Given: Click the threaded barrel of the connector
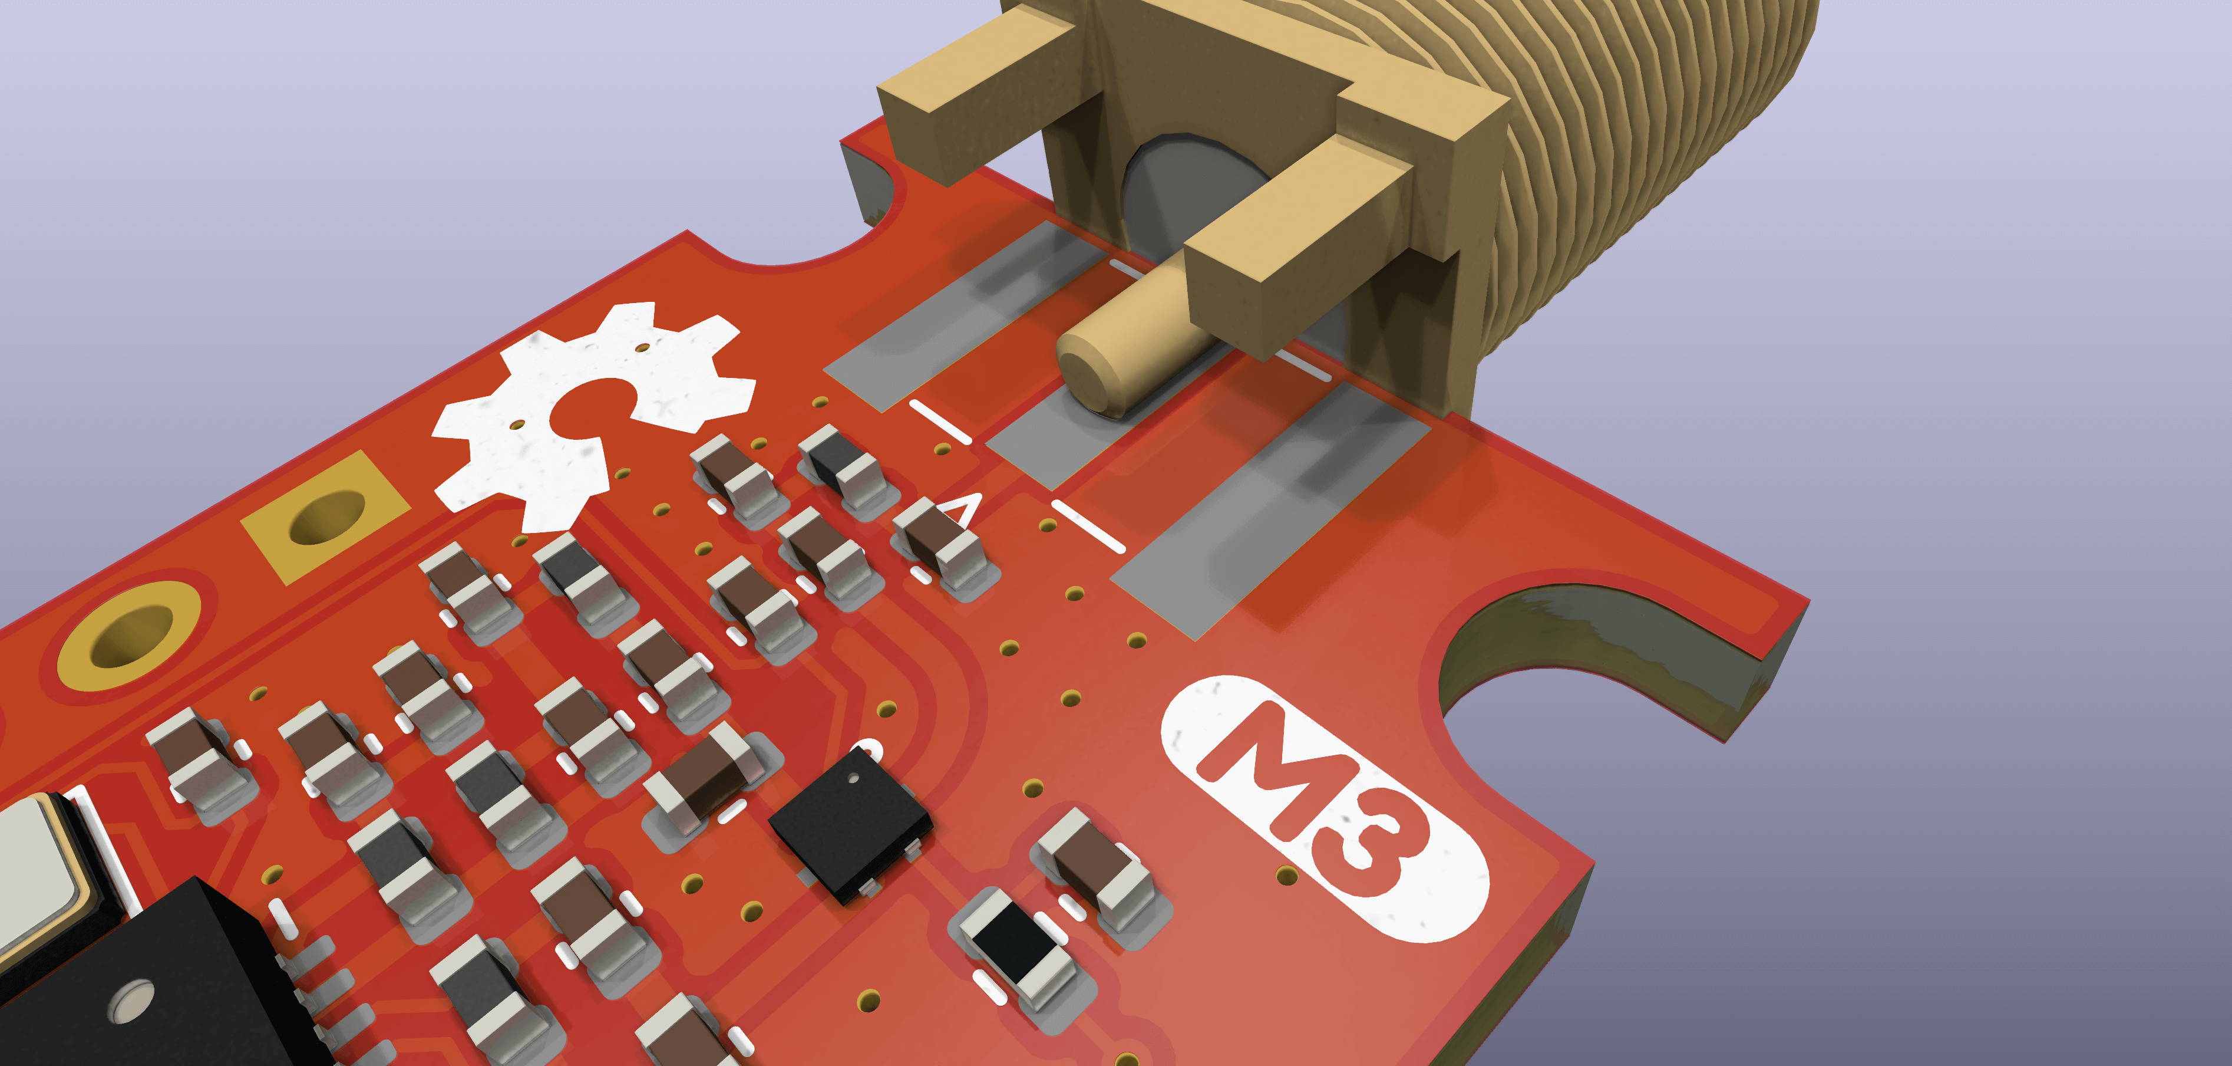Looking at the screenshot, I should click(x=1646, y=130).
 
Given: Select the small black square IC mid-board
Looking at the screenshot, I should click(x=849, y=823).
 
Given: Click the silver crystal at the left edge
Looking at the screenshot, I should click(x=35, y=876).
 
